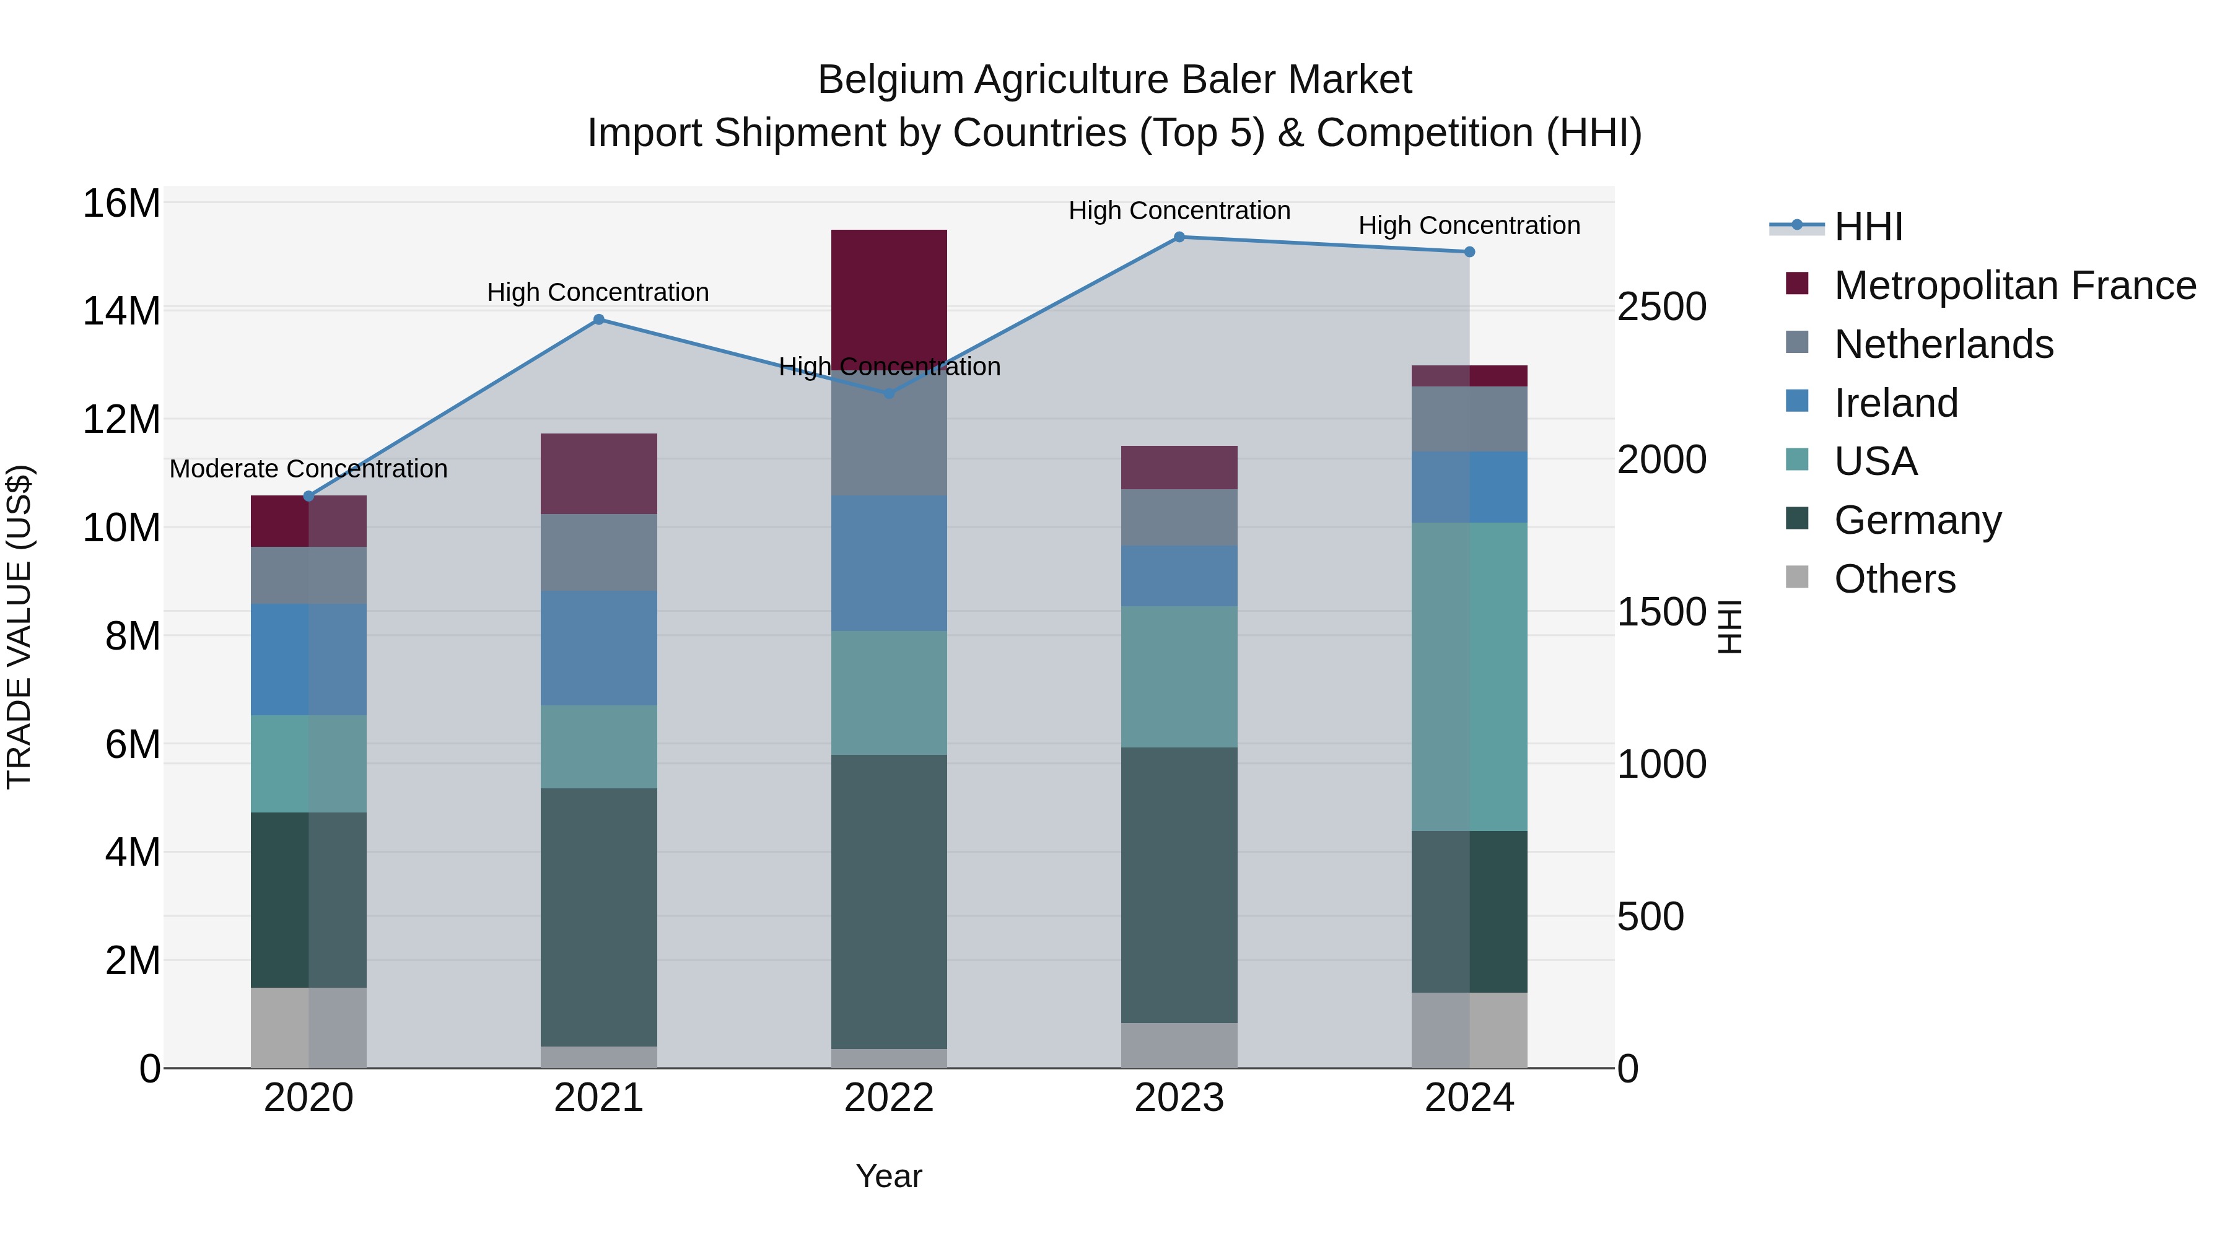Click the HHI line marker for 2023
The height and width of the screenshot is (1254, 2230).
coord(1179,237)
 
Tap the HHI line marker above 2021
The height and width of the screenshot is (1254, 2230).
coord(598,320)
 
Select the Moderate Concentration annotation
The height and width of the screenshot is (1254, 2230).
coord(308,469)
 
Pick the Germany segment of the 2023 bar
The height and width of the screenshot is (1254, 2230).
coord(1179,884)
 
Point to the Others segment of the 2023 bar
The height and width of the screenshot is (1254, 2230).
coord(1179,1045)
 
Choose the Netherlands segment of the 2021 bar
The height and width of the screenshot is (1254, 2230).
coord(598,552)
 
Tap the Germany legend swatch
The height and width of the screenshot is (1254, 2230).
coord(1797,520)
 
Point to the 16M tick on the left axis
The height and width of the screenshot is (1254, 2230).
coord(121,204)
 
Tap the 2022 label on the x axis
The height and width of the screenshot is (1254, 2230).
coord(889,1098)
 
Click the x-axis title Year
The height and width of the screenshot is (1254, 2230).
coord(889,1176)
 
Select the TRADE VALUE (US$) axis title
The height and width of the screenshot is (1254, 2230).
coord(19,627)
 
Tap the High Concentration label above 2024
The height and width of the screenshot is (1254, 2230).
coord(1469,226)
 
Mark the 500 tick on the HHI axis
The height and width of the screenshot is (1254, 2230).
coord(1650,917)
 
